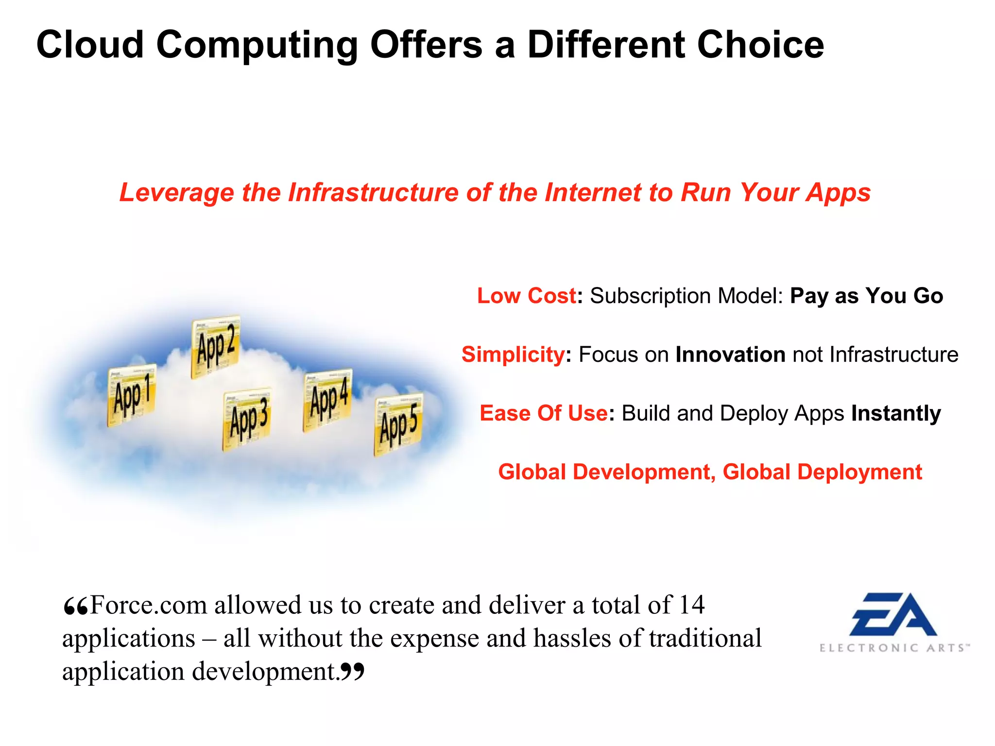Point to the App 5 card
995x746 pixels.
398,424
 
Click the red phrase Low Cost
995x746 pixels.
526,296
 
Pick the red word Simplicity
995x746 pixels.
513,355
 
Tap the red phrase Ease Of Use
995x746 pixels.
543,413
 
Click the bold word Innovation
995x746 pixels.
730,355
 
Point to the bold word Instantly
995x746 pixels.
896,413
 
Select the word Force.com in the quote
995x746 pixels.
149,605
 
